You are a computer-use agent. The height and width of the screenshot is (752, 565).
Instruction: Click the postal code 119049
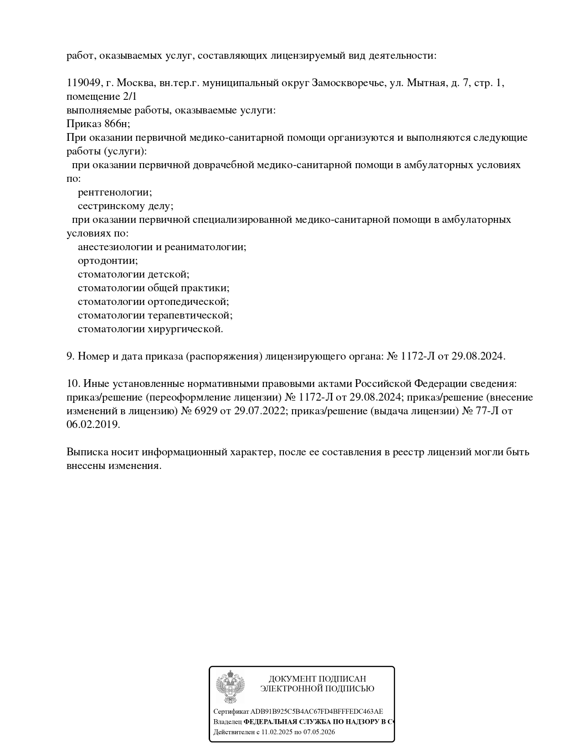point(83,83)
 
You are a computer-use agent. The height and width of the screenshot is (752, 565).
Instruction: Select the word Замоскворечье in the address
point(349,83)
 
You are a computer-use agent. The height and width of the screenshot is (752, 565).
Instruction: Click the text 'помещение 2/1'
point(101,97)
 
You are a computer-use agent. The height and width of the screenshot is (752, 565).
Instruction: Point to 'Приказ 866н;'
point(98,124)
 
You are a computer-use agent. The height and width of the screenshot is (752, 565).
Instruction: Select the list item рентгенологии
point(115,192)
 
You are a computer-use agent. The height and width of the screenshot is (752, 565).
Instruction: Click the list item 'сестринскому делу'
point(125,206)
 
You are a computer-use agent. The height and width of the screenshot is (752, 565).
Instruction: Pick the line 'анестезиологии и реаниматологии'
point(162,247)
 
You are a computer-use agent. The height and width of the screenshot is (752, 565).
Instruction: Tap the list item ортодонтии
point(108,261)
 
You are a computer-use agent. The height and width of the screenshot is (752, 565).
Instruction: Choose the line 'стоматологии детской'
point(133,274)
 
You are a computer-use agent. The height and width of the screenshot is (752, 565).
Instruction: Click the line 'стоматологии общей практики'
point(153,288)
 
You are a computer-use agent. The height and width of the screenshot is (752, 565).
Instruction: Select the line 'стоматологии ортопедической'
point(153,302)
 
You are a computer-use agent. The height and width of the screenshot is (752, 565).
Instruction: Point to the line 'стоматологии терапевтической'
point(155,315)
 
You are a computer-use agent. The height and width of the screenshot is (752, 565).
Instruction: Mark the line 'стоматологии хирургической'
point(150,329)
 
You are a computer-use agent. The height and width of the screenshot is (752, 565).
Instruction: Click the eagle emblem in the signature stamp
point(230,687)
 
